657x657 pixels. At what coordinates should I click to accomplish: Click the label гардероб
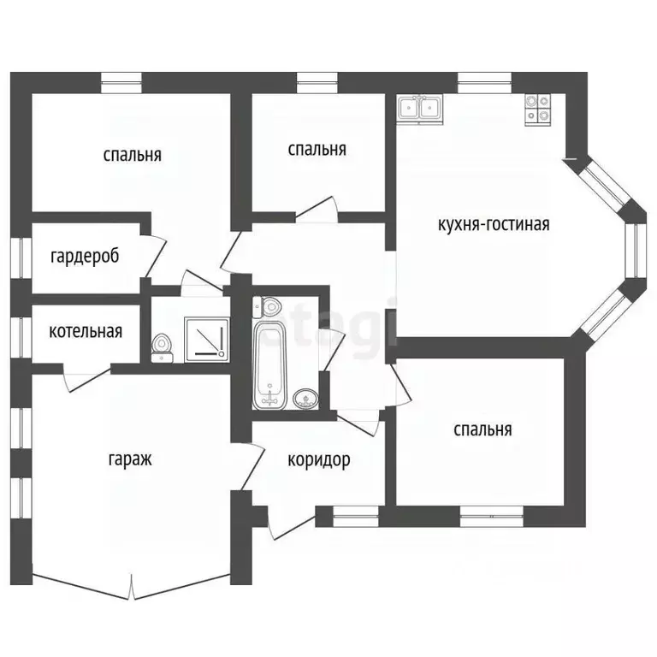pyautogui.click(x=85, y=256)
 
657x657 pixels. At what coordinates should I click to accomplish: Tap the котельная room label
pyautogui.click(x=86, y=331)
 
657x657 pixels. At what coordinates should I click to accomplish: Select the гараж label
pyautogui.click(x=130, y=459)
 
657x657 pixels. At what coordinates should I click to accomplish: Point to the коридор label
pyautogui.click(x=319, y=460)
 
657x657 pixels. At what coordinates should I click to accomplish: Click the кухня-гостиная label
pyautogui.click(x=494, y=224)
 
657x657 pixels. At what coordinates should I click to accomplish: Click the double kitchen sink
pyautogui.click(x=420, y=109)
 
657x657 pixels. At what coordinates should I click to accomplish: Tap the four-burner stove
pyautogui.click(x=537, y=109)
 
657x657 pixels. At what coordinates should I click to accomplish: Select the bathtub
pyautogui.click(x=269, y=365)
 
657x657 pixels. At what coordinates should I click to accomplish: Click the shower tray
pyautogui.click(x=207, y=340)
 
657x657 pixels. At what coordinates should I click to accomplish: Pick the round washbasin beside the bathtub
pyautogui.click(x=305, y=398)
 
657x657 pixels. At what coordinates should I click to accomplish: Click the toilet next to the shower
pyautogui.click(x=162, y=347)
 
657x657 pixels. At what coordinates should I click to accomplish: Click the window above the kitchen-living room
pyautogui.click(x=485, y=82)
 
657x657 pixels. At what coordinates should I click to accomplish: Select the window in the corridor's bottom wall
pyautogui.click(x=355, y=516)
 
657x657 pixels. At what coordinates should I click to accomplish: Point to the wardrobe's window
pyautogui.click(x=21, y=258)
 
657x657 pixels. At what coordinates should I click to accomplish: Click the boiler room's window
pyautogui.click(x=21, y=337)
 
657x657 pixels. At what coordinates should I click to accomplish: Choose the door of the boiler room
pyautogui.click(x=86, y=379)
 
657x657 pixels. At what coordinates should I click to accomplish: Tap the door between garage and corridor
pyautogui.click(x=252, y=465)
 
